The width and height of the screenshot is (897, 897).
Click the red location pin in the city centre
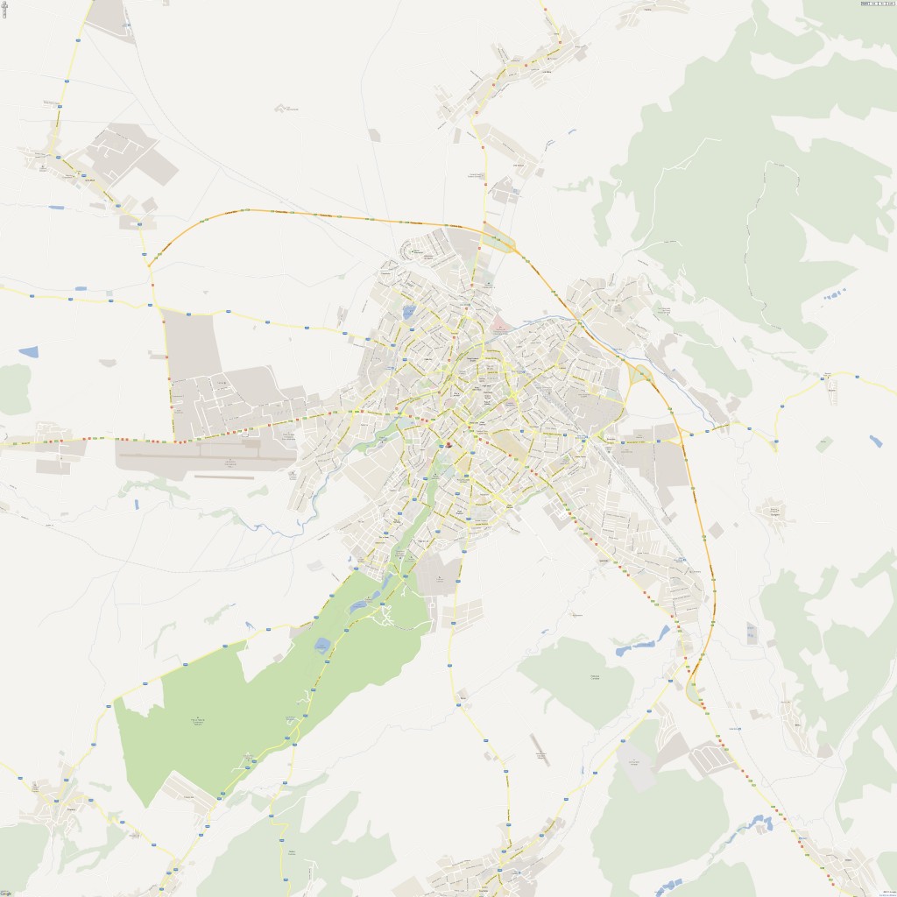point(448,445)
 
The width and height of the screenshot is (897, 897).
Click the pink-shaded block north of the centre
point(499,326)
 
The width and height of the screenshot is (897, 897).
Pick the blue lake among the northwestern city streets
point(409,311)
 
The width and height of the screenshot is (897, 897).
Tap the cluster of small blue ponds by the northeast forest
point(835,293)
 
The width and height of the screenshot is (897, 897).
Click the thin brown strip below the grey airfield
point(224,477)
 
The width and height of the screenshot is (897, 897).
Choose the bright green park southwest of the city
point(219,701)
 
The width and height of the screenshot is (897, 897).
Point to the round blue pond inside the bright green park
point(321,646)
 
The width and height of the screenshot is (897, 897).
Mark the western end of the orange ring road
point(151,262)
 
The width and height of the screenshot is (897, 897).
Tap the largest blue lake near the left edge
point(28,352)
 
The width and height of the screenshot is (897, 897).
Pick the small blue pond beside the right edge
point(876,441)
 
